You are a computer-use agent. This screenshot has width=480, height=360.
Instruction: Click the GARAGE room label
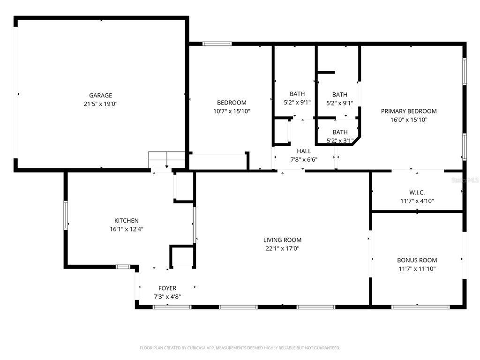[100, 96]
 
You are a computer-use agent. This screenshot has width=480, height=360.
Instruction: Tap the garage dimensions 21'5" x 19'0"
[100, 104]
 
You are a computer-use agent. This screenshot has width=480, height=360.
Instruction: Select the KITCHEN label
[127, 220]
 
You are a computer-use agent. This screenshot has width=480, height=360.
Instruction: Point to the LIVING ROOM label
[282, 240]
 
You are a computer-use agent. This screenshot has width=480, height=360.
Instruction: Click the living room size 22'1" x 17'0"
[282, 248]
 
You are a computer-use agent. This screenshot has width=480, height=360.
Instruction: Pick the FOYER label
[167, 288]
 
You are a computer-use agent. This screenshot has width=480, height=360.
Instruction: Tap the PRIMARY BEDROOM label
[409, 111]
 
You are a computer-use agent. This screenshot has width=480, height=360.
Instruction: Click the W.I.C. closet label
[417, 193]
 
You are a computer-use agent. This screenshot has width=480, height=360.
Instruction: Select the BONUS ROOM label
[417, 260]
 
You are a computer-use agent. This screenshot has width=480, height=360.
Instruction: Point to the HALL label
[304, 151]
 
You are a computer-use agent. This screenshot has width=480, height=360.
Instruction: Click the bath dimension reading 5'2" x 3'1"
[340, 141]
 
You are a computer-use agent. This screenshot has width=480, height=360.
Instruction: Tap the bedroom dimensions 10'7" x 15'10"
[232, 111]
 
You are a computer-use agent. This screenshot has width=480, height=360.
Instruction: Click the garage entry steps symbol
[166, 160]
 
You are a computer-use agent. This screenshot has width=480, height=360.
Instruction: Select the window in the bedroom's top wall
[217, 44]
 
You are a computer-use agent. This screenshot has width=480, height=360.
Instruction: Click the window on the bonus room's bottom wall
[420, 307]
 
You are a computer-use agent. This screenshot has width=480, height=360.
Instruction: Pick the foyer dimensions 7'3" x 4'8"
[167, 297]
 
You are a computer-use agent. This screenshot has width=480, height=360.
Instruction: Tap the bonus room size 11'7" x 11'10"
[417, 269]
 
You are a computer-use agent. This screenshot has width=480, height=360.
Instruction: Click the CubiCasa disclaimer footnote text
[240, 348]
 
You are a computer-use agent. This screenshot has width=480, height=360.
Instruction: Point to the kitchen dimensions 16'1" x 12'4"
[127, 229]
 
